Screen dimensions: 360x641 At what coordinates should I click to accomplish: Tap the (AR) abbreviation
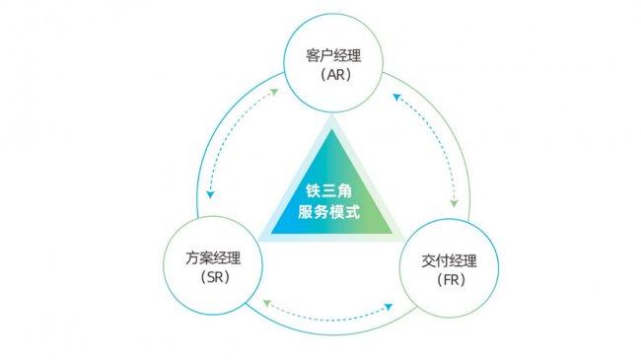327,74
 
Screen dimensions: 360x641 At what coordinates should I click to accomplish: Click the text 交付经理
449,261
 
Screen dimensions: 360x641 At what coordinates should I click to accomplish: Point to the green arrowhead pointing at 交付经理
455,203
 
